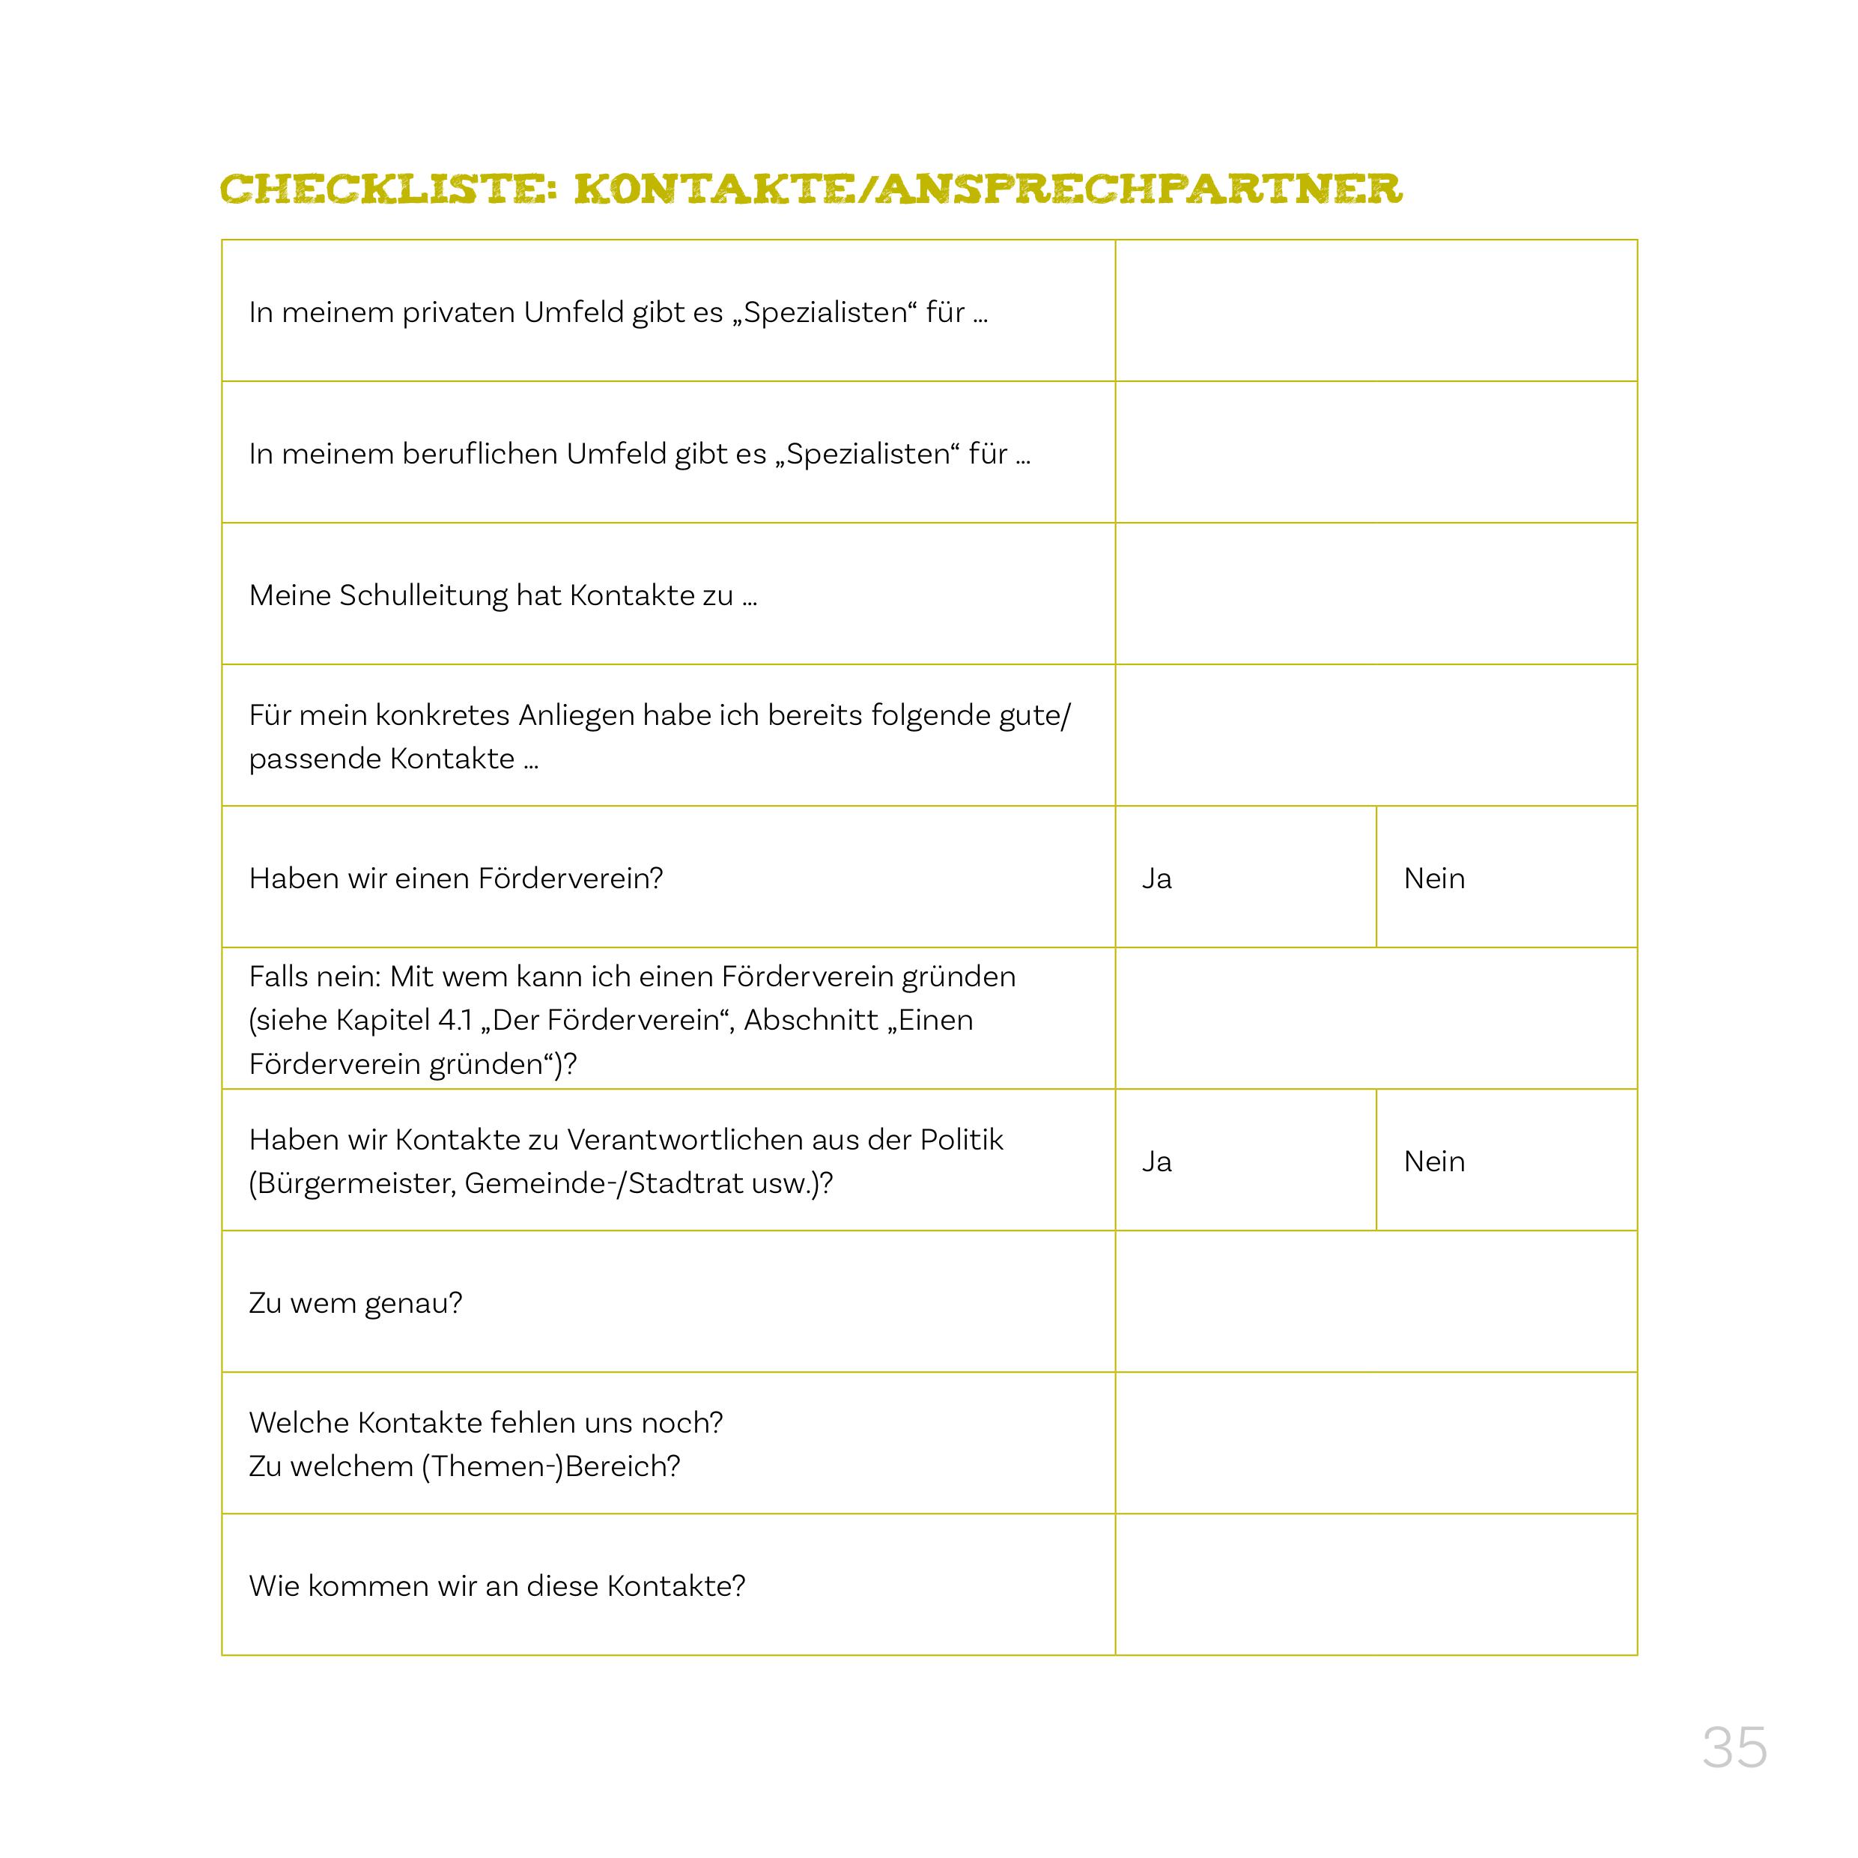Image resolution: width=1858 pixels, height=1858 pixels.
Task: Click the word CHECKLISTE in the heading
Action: pos(389,189)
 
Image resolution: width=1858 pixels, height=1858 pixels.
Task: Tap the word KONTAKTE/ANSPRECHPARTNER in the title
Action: pos(988,189)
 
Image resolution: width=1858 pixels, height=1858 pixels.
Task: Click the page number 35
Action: pos(1734,1747)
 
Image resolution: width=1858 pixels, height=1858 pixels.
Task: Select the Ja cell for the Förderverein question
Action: pos(1245,877)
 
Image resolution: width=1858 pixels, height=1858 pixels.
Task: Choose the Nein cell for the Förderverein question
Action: pos(1506,877)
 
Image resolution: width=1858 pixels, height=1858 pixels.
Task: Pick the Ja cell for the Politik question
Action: pos(1245,1160)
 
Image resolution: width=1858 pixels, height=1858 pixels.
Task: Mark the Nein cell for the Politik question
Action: pos(1506,1160)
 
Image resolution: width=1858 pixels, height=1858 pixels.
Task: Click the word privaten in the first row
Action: pos(458,312)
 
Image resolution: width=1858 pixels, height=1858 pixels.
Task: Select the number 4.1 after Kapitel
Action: pos(454,1019)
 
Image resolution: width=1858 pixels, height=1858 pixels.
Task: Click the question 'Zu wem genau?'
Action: pos(355,1303)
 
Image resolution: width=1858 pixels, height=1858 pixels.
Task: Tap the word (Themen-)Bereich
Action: pos(550,1466)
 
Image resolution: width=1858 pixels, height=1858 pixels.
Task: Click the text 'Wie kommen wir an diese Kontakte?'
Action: pos(497,1586)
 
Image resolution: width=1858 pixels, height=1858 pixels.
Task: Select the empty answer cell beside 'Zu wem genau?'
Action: pos(1375,1301)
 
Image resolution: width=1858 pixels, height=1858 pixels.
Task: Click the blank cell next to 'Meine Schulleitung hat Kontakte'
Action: pos(1375,593)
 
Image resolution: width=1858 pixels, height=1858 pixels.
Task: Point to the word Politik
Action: pos(961,1140)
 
